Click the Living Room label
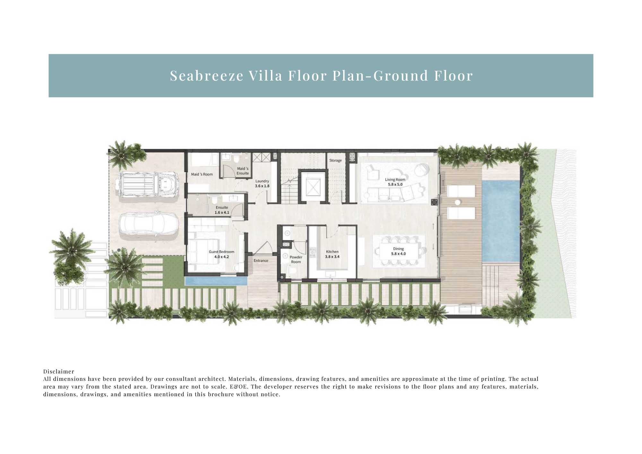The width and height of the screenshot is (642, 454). coord(395,182)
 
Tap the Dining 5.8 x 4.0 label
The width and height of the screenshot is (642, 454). coord(398,251)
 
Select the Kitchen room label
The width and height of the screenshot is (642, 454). coord(332,254)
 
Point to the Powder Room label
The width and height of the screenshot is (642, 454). coord(296,259)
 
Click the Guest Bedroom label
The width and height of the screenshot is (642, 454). coord(221,254)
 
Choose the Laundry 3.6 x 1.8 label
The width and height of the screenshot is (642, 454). coord(262,183)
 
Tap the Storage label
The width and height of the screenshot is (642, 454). coord(335,160)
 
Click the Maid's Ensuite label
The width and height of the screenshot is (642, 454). coord(243,171)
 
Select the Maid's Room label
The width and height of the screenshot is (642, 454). coord(202,174)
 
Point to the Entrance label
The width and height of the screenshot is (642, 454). coord(261,260)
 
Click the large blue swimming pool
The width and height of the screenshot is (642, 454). coord(500,221)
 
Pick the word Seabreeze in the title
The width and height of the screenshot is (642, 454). coord(207,76)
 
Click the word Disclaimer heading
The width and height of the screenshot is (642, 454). coord(59,371)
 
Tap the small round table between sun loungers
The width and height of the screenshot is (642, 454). coord(457,202)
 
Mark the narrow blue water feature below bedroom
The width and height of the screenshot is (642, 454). coord(216,282)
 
